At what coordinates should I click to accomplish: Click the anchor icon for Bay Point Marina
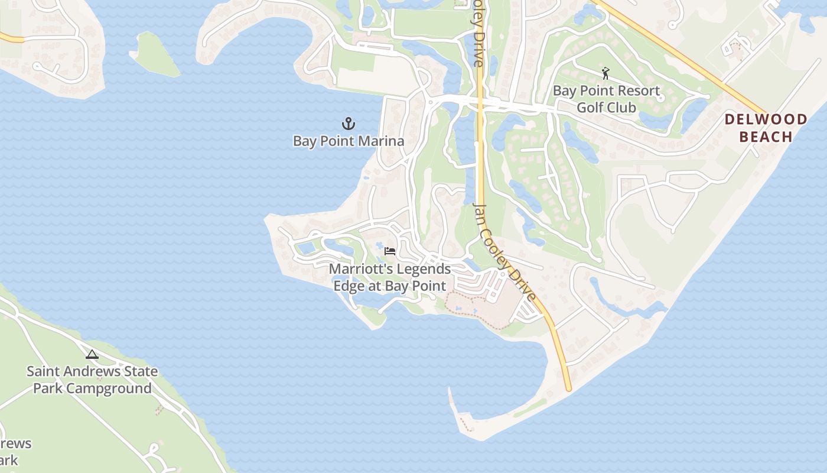(x=349, y=124)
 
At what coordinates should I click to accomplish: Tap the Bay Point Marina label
(x=349, y=141)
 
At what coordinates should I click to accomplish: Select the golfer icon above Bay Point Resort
(x=605, y=74)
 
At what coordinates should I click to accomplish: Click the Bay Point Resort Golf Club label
(x=606, y=99)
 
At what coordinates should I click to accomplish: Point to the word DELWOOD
(x=766, y=119)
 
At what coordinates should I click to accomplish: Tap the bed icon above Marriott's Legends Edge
(x=390, y=251)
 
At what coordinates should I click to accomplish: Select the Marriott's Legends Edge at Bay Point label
(x=390, y=277)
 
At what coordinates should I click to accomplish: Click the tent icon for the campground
(x=92, y=355)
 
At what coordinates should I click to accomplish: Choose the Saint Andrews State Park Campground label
(x=93, y=380)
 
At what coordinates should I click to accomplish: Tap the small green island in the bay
(x=155, y=54)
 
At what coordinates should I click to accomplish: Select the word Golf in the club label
(x=590, y=108)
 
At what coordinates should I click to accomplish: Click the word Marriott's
(x=360, y=269)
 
